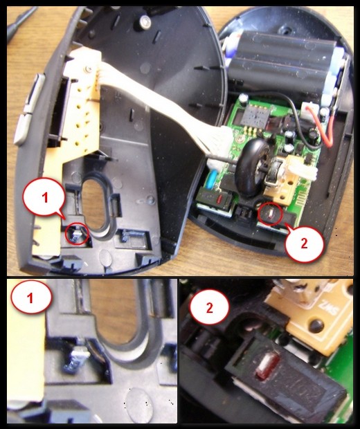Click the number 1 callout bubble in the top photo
44,197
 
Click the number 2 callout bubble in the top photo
304,243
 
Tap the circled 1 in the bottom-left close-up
31,297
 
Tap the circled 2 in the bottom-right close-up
210,308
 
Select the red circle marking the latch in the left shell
78,235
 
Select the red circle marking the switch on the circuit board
270,214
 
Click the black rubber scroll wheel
250,167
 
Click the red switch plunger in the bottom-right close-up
266,367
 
